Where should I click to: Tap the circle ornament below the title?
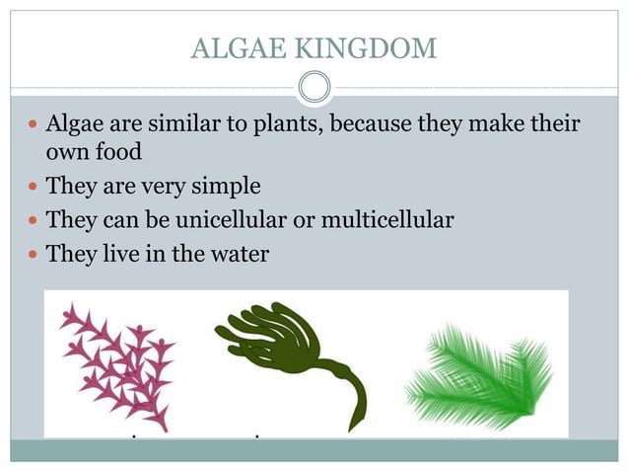(314, 88)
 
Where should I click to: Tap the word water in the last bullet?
(237, 253)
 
